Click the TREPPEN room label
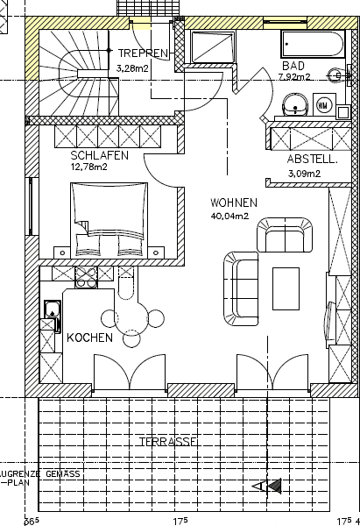[x=142, y=53]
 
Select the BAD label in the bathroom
[x=293, y=65]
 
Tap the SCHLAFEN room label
[x=100, y=155]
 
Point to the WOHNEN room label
[x=233, y=202]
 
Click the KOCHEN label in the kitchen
[x=89, y=338]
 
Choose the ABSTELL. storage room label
[x=313, y=160]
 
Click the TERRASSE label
[x=167, y=442]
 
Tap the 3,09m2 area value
[x=304, y=174]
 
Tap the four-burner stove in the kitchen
[x=87, y=277]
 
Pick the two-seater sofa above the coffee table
[x=284, y=237]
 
